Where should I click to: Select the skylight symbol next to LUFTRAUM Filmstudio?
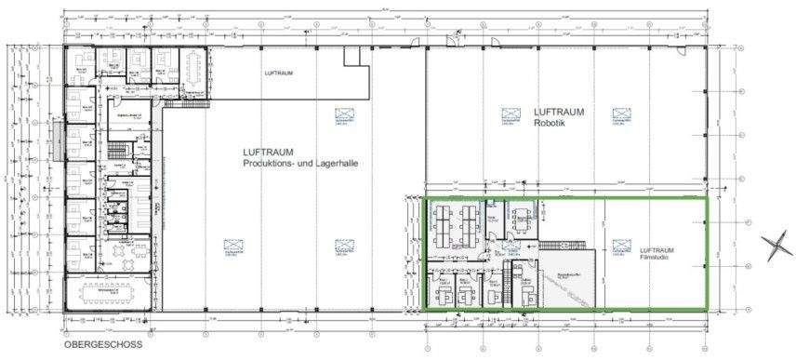620,246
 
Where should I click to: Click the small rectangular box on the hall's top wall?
352,57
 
